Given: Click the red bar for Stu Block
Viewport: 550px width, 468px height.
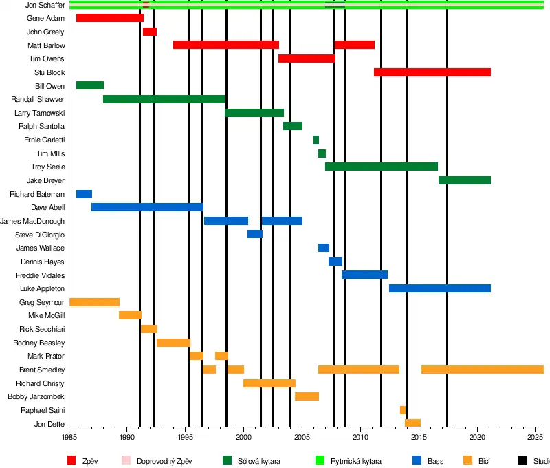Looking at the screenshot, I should coord(432,72).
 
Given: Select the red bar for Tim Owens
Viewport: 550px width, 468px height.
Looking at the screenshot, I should coord(307,58).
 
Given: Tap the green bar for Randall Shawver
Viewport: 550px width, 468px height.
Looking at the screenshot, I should coord(164,99).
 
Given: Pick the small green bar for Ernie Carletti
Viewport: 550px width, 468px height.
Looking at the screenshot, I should coord(316,140).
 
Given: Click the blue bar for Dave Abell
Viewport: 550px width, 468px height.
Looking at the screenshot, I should coord(147,207).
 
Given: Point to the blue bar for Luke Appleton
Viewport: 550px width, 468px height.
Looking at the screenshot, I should coord(439,288).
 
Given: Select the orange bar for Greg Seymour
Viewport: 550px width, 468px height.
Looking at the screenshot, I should coord(94,302).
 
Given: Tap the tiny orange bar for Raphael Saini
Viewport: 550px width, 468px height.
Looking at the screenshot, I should coord(403,410).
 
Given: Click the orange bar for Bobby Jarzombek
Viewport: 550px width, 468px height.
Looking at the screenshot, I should coord(307,396).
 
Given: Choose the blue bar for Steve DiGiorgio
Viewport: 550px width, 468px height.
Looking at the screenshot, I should coord(254,234).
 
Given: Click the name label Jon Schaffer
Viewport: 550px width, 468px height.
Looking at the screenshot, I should coord(45,5).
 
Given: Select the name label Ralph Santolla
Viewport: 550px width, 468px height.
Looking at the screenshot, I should coord(41,127).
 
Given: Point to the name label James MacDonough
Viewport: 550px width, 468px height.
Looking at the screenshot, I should coord(32,221).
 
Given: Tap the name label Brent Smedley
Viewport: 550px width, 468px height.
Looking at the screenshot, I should coord(42,370).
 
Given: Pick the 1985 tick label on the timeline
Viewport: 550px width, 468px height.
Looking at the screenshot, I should coord(69,437).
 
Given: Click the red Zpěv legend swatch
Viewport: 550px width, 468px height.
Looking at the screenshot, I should coord(71,460).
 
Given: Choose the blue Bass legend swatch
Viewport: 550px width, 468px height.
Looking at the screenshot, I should coord(417,460).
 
